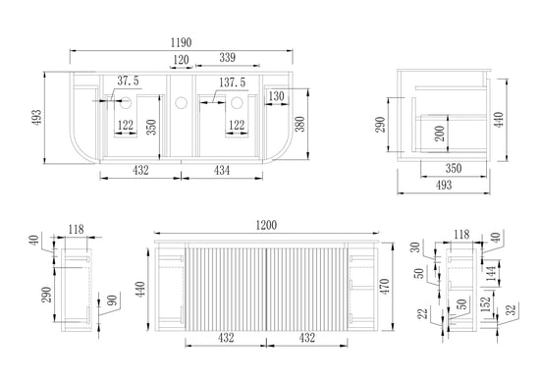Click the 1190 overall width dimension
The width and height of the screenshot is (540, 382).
[x=182, y=42]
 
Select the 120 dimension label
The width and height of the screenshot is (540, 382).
[x=181, y=60]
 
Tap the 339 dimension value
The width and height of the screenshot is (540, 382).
[x=228, y=58]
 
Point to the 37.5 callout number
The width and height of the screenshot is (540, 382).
[x=128, y=81]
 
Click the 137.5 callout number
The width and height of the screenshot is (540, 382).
[x=233, y=82]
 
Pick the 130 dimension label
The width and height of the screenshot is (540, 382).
[x=276, y=96]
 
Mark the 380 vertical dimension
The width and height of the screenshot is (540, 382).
[x=300, y=124]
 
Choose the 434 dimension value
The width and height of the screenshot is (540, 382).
[x=222, y=170]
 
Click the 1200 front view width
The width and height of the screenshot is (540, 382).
[x=266, y=225]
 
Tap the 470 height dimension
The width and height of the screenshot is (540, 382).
[x=384, y=286]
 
